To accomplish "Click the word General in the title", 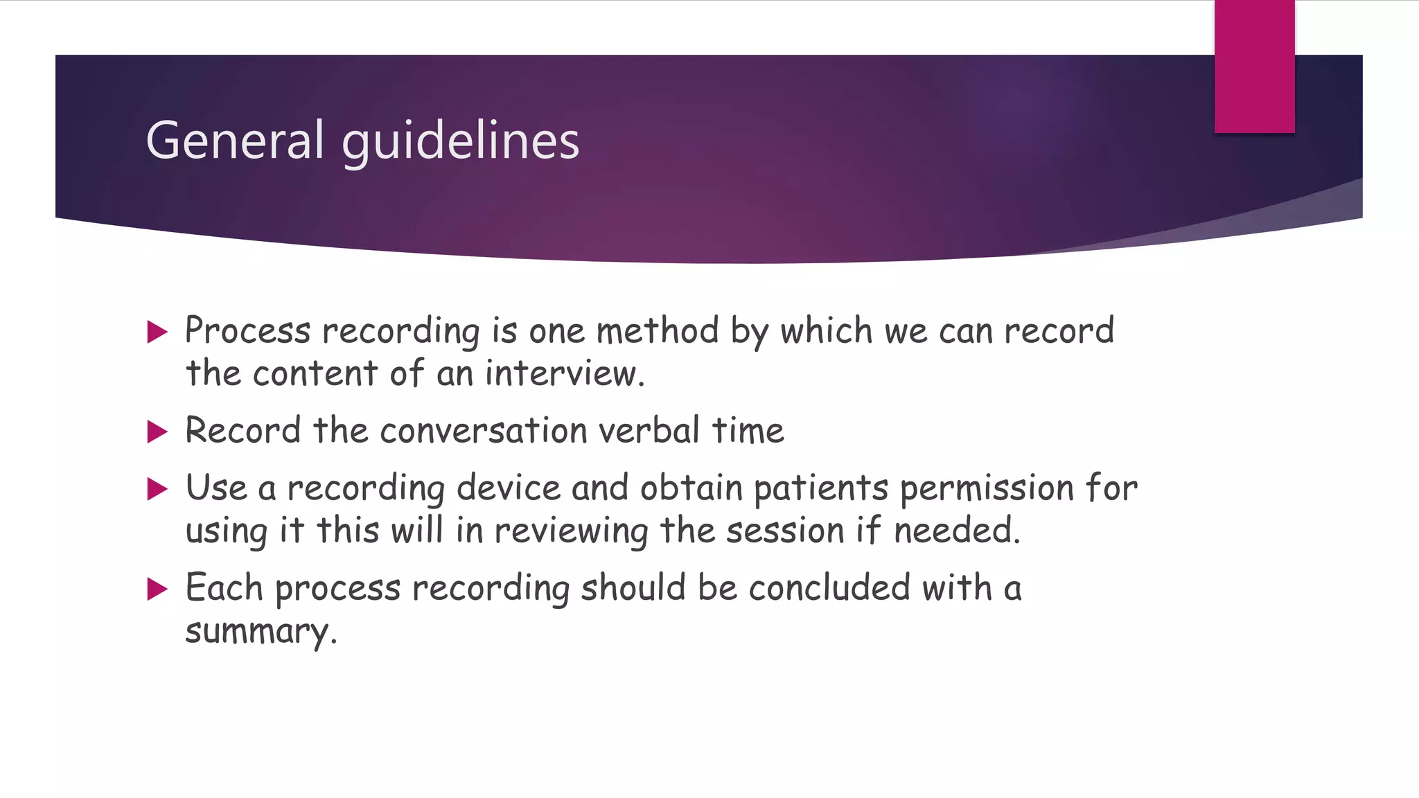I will click(234, 141).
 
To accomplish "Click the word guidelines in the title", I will click(460, 142).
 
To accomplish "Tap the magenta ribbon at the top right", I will click(1254, 66).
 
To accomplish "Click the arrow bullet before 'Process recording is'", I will click(158, 332).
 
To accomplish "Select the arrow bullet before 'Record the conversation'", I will click(158, 432).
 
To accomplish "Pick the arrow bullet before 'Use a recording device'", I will click(158, 490).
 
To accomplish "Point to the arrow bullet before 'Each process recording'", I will click(158, 589).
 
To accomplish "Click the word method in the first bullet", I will click(658, 330).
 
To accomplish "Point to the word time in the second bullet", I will click(748, 431).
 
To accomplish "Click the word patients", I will click(820, 489).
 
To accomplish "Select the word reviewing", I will click(571, 532).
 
